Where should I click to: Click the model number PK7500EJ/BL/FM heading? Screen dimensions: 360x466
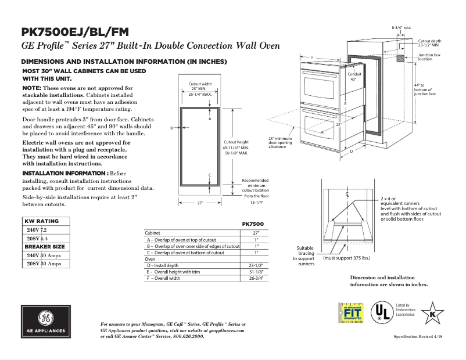(x=76, y=32)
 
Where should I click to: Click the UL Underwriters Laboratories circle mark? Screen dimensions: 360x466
(x=381, y=314)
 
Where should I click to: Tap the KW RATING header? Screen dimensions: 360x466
(x=41, y=221)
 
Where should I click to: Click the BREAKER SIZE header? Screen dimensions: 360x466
(x=45, y=247)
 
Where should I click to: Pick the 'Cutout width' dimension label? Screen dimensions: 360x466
(x=200, y=84)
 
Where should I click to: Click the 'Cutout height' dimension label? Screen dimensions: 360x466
(x=236, y=142)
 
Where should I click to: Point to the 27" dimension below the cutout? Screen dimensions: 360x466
(x=200, y=203)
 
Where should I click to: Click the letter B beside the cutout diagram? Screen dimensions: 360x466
(x=171, y=127)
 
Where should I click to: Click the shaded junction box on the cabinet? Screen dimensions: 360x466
(x=401, y=59)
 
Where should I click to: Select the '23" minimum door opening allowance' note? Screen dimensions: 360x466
(x=279, y=143)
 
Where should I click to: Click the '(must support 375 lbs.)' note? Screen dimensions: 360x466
(x=347, y=257)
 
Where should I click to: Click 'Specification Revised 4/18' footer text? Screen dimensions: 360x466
(x=418, y=337)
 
